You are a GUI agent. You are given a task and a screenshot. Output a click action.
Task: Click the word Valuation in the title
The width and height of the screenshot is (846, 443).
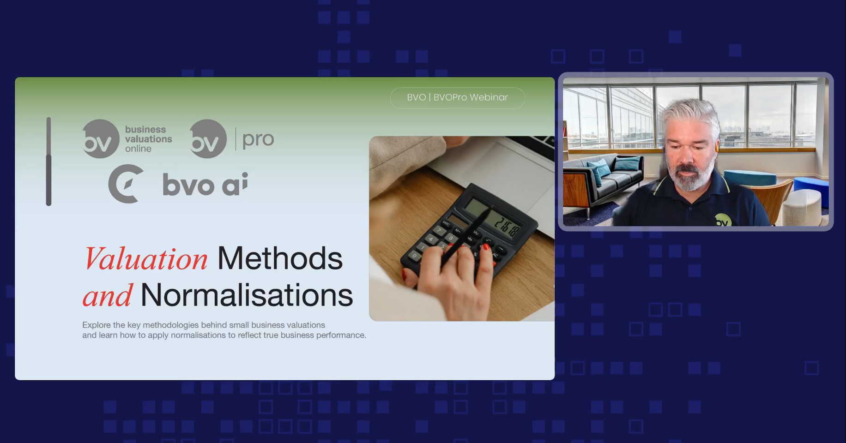[145, 258]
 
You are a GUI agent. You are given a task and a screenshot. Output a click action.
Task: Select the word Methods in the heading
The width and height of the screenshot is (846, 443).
[280, 258]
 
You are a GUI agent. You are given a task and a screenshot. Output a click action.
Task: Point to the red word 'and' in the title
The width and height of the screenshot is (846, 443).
[108, 295]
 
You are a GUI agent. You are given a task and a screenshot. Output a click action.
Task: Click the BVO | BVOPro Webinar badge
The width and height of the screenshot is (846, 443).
[457, 98]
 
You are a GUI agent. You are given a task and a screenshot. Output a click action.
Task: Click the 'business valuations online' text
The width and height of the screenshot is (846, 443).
[148, 139]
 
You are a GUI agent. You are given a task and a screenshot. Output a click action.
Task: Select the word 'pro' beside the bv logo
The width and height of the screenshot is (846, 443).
[258, 139]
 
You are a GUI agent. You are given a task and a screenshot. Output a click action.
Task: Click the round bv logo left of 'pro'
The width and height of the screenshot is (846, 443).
[208, 139]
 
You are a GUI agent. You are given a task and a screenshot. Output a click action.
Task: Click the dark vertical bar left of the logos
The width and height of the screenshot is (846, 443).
[48, 161]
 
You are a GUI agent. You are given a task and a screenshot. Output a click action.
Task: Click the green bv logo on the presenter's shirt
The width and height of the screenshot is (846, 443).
[722, 220]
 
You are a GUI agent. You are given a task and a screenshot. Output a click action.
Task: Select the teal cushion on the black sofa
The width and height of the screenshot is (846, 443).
[628, 163]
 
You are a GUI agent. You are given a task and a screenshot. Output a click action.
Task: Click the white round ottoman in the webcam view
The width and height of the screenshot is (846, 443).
[803, 207]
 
